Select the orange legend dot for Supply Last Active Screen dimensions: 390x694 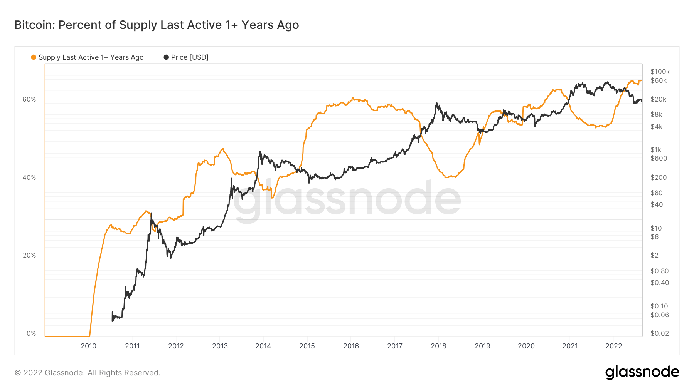(34, 57)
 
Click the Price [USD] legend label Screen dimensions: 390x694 (189, 57)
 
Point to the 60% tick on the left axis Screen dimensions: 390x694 (29, 99)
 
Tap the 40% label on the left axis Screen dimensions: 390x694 (29, 177)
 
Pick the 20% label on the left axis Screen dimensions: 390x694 (29, 255)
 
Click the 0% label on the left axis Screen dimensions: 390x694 (31, 333)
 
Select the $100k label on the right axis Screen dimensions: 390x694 (660, 72)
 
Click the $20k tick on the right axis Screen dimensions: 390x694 (658, 99)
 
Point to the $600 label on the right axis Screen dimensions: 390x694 (659, 158)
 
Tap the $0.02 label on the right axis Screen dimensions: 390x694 (659, 333)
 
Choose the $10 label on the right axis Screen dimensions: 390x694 (656, 228)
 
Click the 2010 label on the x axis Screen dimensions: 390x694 (88, 346)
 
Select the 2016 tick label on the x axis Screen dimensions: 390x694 (351, 346)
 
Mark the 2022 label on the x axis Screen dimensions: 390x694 (613, 346)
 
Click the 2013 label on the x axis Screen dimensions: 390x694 (220, 346)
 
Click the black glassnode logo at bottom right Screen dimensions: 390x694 (642, 372)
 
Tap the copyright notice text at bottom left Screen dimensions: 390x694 (88, 373)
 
